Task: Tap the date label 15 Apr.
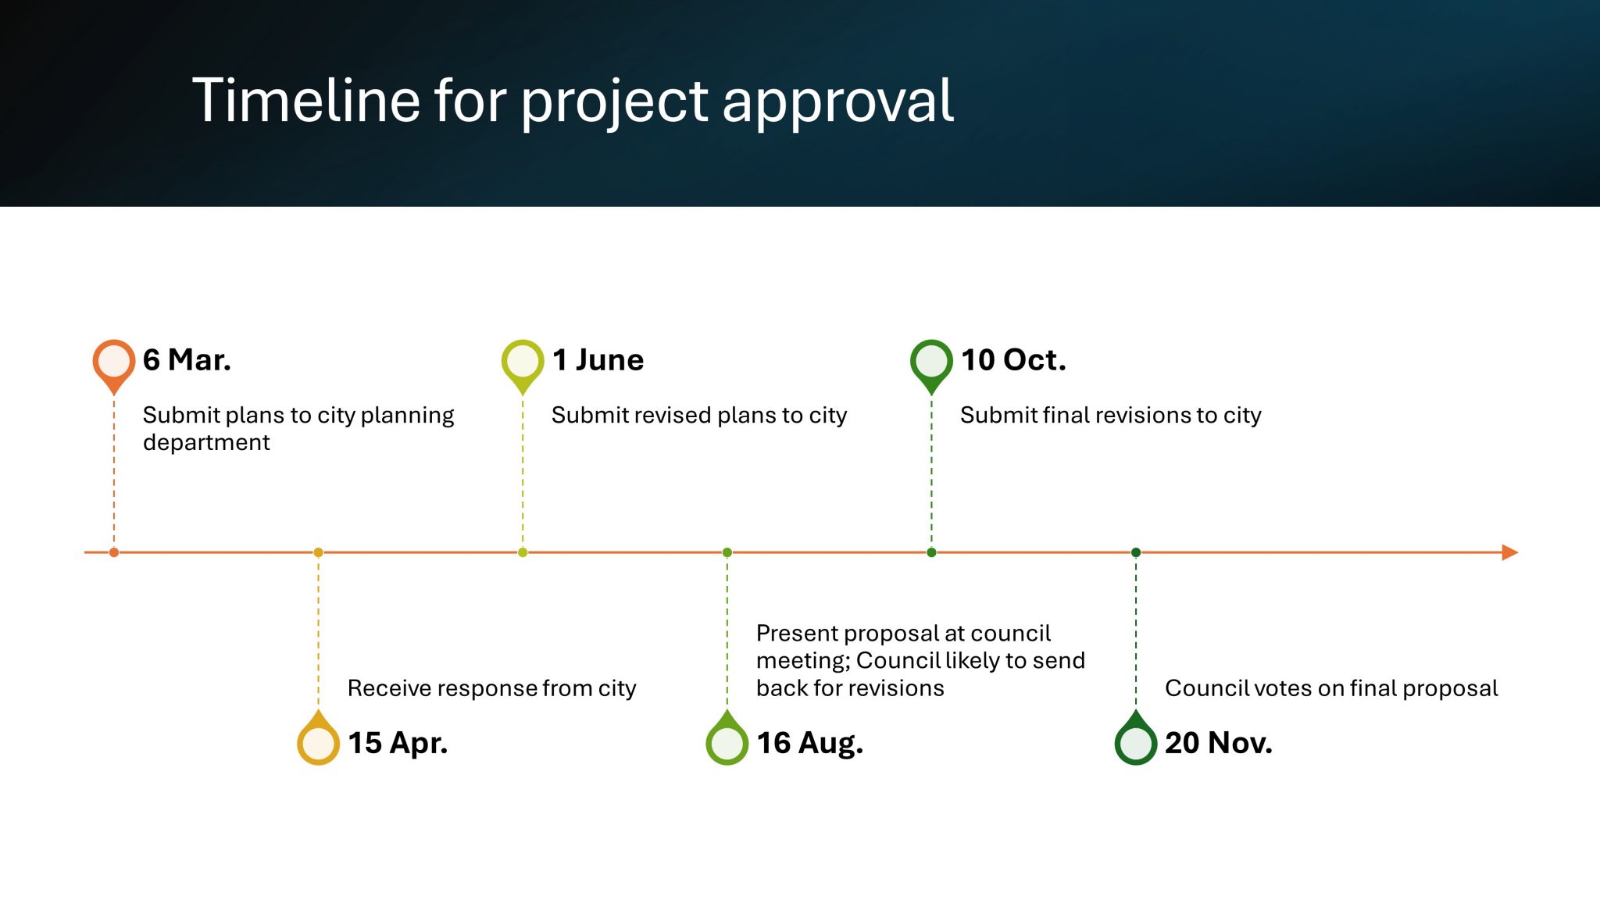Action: [398, 742]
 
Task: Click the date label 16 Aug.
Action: [809, 742]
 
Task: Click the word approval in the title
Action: [837, 102]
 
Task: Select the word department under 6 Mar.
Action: [206, 442]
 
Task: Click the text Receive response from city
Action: [491, 688]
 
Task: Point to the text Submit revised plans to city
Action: [698, 415]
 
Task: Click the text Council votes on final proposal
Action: [1331, 688]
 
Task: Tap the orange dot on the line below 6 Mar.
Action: [114, 552]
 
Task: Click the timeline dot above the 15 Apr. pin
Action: [318, 552]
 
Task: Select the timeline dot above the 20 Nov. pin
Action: [1136, 552]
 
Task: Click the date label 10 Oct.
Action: [1013, 360]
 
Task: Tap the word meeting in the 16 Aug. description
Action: [802, 661]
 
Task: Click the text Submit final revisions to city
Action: [1110, 415]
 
